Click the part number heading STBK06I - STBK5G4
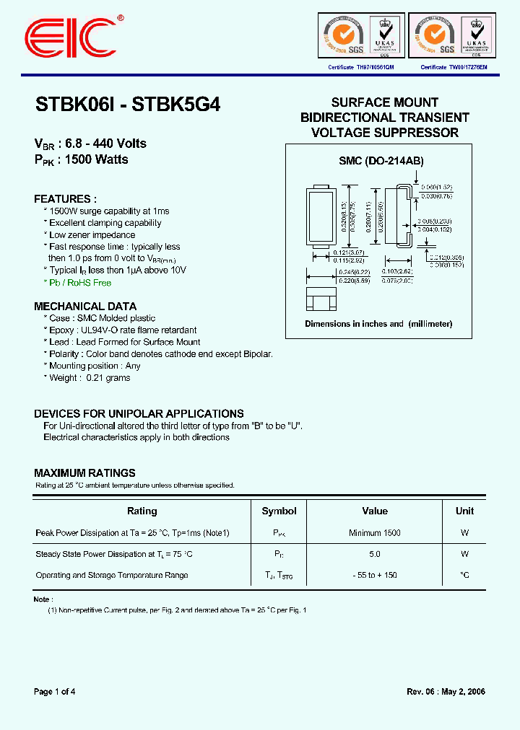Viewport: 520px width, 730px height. coord(128,105)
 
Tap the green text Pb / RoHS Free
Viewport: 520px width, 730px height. coord(80,283)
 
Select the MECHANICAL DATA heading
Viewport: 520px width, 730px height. coord(85,306)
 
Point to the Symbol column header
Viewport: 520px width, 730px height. coord(279,511)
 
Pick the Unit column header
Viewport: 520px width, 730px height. coord(464,511)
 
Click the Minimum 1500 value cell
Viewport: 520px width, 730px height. coord(375,533)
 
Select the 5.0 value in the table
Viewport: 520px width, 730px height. coord(374,554)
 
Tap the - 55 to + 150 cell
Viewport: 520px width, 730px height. coord(374,575)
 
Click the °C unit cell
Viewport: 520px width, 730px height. coord(464,575)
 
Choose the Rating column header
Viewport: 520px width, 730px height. coord(142,511)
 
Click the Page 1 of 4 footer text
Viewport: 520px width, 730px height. coord(55,692)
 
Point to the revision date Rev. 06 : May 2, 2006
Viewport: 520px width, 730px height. coord(446,692)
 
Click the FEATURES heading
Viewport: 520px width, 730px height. coord(65,198)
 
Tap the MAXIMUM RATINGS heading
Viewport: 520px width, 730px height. coord(84,473)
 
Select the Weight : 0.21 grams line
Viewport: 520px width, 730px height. coord(90,378)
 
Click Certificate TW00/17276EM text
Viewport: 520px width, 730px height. coord(454,66)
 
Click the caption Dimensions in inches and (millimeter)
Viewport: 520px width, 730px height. coord(378,324)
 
